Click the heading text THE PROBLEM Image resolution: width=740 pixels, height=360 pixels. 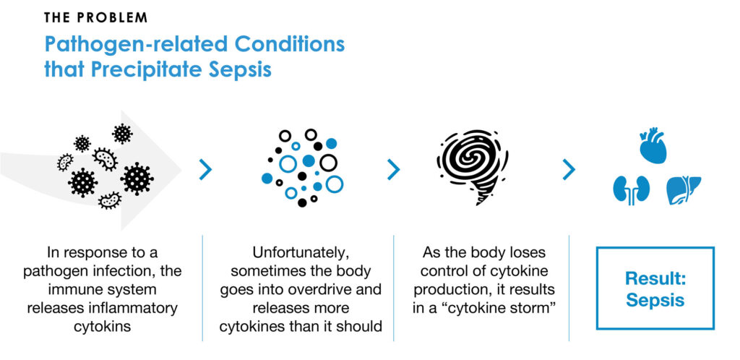pos(96,18)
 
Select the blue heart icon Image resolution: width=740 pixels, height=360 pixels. pos(653,145)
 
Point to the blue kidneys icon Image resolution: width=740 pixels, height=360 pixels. pos(632,190)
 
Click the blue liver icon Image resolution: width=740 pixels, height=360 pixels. pos(684,189)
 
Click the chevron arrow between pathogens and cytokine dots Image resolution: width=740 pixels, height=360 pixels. pos(205,170)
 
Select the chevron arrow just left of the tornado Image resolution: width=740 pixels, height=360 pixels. pos(393,170)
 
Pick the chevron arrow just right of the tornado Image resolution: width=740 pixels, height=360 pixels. pos(569,170)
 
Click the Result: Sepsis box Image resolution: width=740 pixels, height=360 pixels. pos(655,287)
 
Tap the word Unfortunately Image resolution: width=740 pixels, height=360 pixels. pos(301,252)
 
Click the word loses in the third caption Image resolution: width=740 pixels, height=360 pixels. pos(528,252)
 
